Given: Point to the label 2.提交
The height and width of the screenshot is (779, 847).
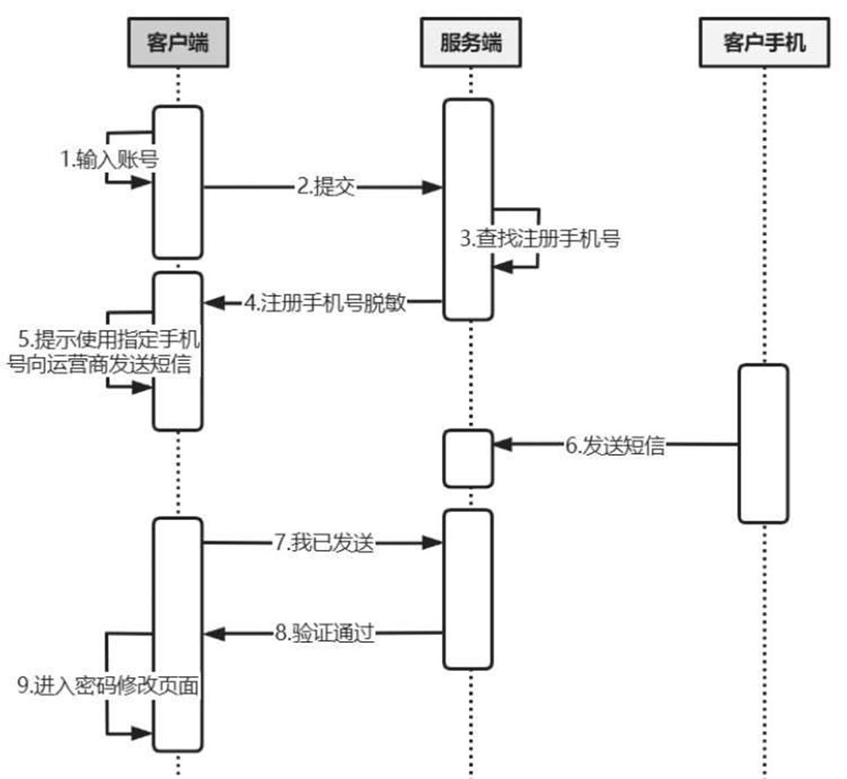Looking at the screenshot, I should click(x=325, y=187).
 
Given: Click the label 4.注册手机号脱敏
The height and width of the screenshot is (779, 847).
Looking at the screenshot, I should click(x=325, y=303).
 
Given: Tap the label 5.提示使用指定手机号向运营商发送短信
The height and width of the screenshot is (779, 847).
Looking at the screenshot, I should click(x=104, y=352).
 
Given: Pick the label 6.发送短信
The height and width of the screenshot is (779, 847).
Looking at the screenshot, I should click(x=614, y=445).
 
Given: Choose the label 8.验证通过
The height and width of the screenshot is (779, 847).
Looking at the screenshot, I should click(x=325, y=632).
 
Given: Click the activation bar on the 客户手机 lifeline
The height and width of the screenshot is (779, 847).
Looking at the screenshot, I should click(x=763, y=443).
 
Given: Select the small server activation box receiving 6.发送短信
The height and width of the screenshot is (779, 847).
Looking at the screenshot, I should click(x=467, y=458).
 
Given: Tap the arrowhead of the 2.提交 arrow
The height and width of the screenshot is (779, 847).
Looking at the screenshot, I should click(x=432, y=187).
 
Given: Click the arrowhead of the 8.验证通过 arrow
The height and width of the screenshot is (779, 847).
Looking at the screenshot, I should click(x=214, y=632).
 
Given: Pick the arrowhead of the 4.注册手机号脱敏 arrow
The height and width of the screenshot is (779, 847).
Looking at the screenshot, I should click(x=214, y=303).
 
